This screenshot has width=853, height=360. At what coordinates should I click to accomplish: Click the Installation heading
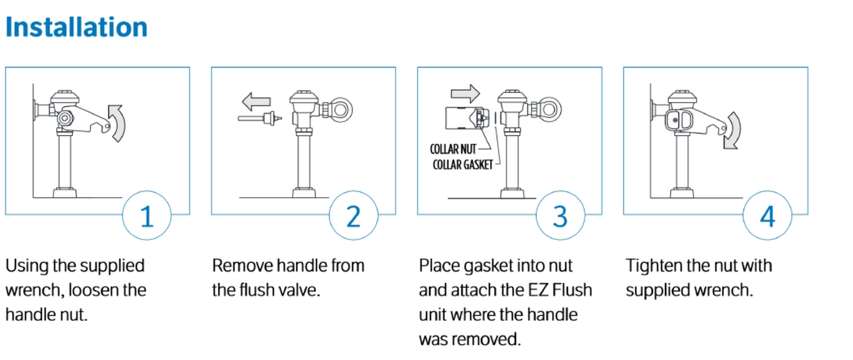coord(76,27)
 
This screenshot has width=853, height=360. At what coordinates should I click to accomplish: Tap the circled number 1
coord(147,217)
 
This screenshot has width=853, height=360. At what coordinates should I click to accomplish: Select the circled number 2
coord(353,217)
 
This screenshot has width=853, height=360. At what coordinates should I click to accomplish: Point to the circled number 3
coord(560,217)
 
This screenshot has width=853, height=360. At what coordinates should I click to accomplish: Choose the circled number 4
coord(767,217)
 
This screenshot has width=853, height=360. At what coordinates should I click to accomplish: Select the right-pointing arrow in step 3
coord(465,93)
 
